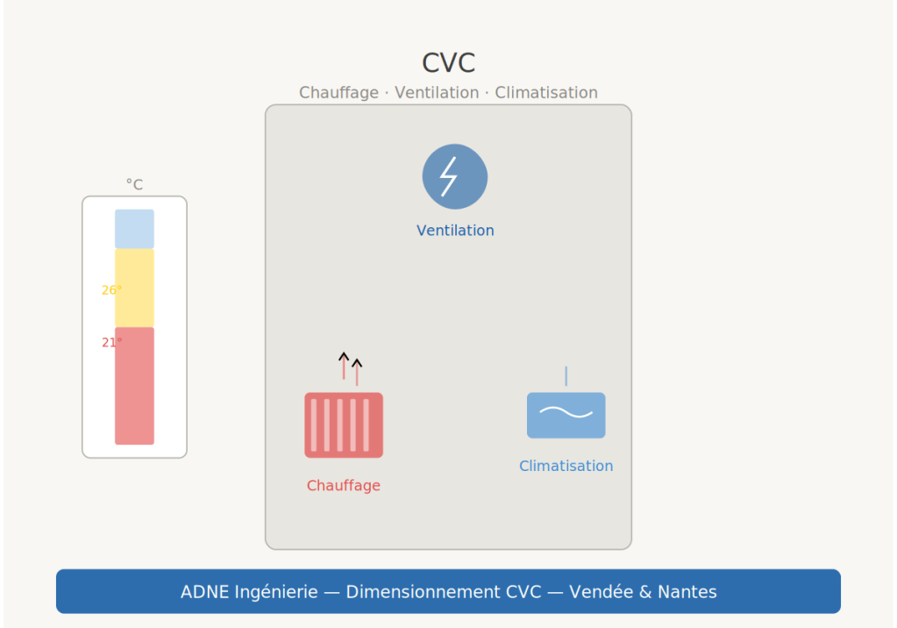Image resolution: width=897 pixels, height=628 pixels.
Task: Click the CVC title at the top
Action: (448, 63)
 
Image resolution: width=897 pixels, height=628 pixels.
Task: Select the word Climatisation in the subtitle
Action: (546, 93)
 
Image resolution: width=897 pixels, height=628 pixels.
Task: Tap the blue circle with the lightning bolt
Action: (454, 176)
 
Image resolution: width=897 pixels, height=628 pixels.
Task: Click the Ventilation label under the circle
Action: (455, 231)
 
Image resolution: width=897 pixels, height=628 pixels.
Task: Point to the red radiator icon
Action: (344, 425)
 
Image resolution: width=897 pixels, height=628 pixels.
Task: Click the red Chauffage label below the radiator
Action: (344, 486)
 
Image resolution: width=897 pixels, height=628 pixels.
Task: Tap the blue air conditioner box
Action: (566, 415)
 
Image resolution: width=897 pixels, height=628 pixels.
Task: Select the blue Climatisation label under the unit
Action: (566, 467)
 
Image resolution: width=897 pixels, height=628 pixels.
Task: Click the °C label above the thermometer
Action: (134, 185)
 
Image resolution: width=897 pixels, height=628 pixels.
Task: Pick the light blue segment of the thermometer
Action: (134, 229)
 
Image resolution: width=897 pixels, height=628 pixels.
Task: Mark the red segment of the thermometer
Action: (134, 386)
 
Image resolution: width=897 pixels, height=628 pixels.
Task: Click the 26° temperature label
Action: (110, 290)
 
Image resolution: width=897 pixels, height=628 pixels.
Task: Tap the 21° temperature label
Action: (110, 343)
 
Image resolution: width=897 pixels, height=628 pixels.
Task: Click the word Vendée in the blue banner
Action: (600, 592)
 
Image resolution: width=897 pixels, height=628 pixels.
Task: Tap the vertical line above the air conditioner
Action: (566, 376)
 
